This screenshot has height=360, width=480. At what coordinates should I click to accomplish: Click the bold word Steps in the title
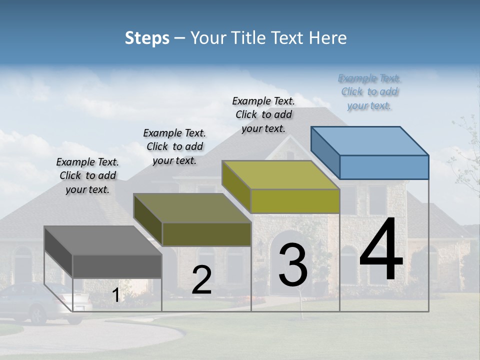[147, 38]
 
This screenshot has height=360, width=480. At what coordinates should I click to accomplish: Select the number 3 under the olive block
[293, 265]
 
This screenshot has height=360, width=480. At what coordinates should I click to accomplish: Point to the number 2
[201, 280]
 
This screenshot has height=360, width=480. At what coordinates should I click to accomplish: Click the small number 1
[115, 295]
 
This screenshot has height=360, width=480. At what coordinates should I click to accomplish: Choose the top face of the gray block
[102, 240]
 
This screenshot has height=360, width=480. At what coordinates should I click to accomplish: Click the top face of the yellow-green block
[280, 175]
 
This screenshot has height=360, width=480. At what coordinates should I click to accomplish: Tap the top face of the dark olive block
[192, 208]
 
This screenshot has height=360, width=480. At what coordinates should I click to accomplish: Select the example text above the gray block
[87, 175]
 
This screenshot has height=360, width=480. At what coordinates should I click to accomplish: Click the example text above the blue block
[369, 91]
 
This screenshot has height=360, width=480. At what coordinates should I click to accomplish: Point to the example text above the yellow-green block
[263, 114]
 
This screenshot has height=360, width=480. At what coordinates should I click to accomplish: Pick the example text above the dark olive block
[174, 146]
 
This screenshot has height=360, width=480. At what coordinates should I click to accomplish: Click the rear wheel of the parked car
[39, 314]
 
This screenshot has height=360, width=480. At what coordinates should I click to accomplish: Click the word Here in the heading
[328, 38]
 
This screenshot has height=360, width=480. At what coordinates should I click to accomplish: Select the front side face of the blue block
[384, 167]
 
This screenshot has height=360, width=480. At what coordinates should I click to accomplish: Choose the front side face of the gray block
[117, 266]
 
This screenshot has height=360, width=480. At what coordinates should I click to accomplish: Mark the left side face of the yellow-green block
[236, 186]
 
